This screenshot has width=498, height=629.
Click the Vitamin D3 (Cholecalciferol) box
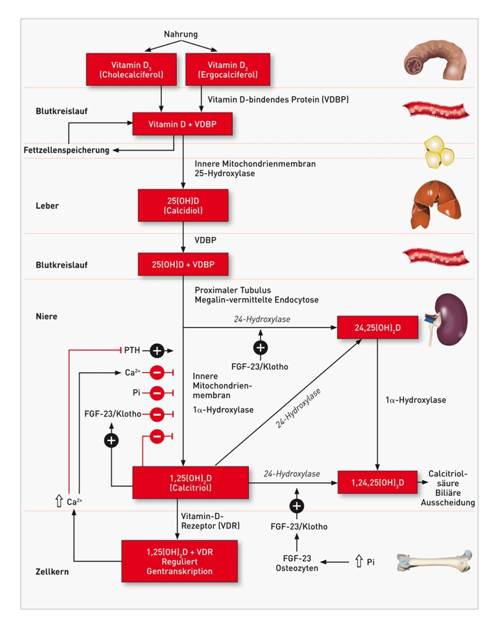(x=131, y=70)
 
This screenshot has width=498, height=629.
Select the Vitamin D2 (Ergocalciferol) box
(x=228, y=70)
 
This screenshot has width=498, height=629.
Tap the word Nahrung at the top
(x=180, y=34)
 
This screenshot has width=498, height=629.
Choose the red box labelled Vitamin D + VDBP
(x=182, y=124)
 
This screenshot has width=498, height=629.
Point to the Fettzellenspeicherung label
(x=67, y=150)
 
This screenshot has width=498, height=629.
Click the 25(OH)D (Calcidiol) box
(x=183, y=205)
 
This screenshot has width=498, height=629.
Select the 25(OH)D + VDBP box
(x=183, y=264)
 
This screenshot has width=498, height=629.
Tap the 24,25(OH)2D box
(x=378, y=328)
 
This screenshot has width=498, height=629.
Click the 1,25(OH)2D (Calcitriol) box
(x=190, y=483)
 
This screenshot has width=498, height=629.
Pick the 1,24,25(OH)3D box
(x=378, y=483)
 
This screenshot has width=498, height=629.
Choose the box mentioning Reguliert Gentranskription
(x=179, y=561)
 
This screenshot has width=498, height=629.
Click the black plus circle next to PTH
(x=157, y=351)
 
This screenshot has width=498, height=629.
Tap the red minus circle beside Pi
(x=157, y=393)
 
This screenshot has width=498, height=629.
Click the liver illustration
(x=436, y=205)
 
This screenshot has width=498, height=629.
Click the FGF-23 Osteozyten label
(x=297, y=563)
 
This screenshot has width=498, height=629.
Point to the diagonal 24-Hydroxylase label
(x=298, y=408)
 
